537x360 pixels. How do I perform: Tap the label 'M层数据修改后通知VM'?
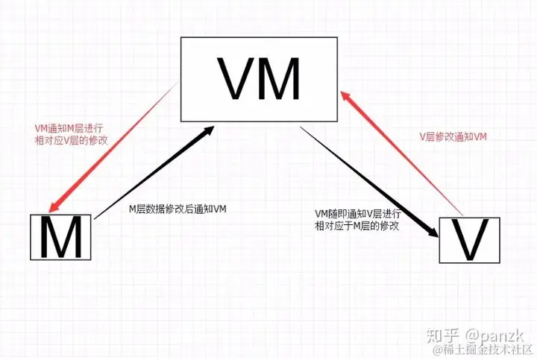[178, 209]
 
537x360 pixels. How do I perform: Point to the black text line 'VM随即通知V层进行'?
[358, 215]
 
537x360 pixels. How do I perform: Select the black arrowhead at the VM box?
[212, 133]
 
